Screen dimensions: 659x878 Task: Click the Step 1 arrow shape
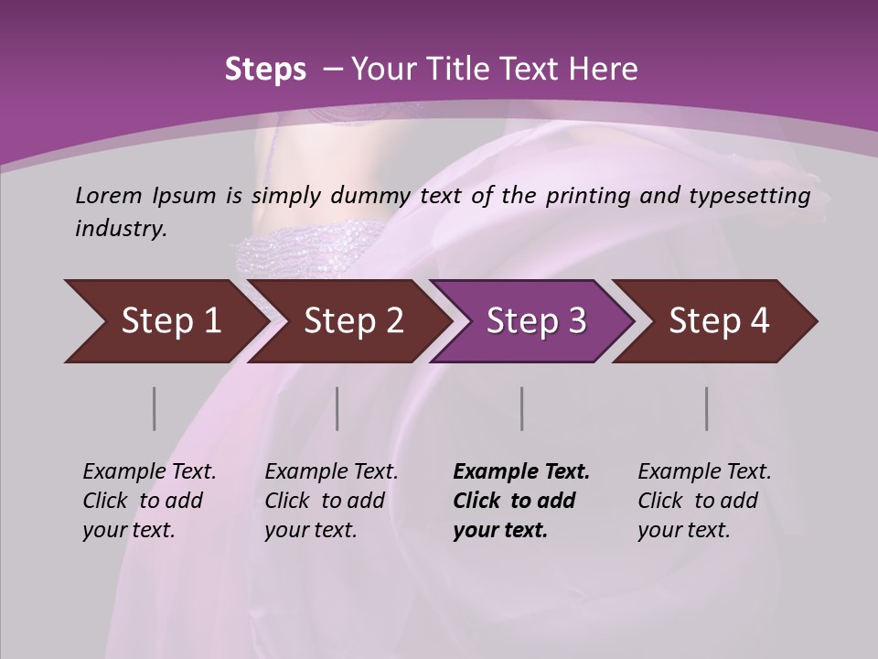tap(165, 321)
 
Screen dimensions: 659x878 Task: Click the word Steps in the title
tap(265, 69)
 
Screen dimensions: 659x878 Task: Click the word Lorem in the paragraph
tap(108, 195)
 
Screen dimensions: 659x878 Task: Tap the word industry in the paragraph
tap(121, 228)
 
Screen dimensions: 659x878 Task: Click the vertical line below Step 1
tap(155, 408)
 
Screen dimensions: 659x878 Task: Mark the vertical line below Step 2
tap(337, 408)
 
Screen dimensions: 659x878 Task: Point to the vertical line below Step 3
tap(521, 408)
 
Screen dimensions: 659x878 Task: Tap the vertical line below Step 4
tap(706, 408)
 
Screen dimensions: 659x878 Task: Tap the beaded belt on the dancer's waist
tap(293, 249)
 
